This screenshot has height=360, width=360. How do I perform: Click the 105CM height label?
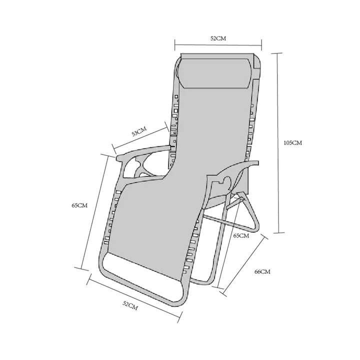point(292,143)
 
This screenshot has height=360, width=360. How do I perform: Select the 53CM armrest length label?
point(138,131)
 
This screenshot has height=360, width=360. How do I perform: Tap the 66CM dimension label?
point(262,271)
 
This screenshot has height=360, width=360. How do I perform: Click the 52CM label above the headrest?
point(218,38)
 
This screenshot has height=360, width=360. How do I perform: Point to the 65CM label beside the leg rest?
point(79,205)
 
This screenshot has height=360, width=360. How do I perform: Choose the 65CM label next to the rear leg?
point(241,235)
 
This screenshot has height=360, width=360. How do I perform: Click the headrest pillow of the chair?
point(215,73)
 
